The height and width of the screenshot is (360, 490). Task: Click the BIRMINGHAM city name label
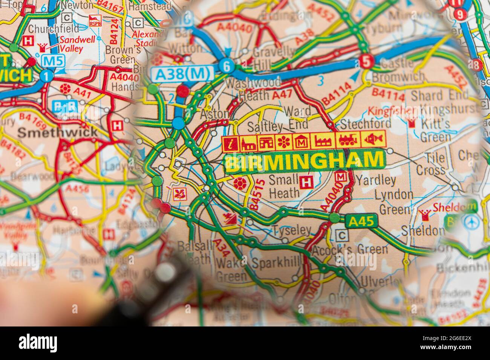click(x=304, y=162)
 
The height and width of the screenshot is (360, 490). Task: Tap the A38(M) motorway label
click(x=183, y=75)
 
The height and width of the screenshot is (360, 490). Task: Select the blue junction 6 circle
click(x=227, y=66)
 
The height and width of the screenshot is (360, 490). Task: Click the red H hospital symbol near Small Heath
click(x=306, y=182)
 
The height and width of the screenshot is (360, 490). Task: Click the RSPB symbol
click(x=95, y=21)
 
